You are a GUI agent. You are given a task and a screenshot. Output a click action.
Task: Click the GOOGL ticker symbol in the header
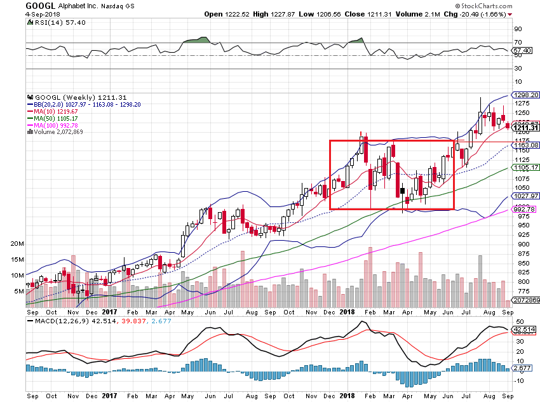(x=39, y=5)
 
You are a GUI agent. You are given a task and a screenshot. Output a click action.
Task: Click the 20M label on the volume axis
(x=18, y=244)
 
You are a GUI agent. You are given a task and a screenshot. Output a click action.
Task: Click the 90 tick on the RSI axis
(x=518, y=29)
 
